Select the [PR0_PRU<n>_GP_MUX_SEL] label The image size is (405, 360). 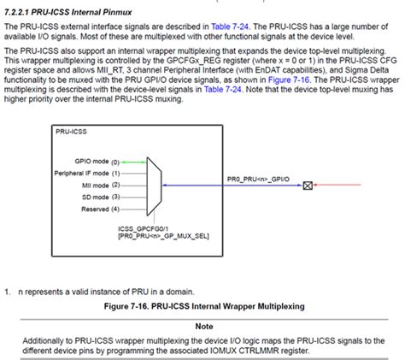click(x=162, y=237)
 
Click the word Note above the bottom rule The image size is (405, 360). click(x=202, y=326)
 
